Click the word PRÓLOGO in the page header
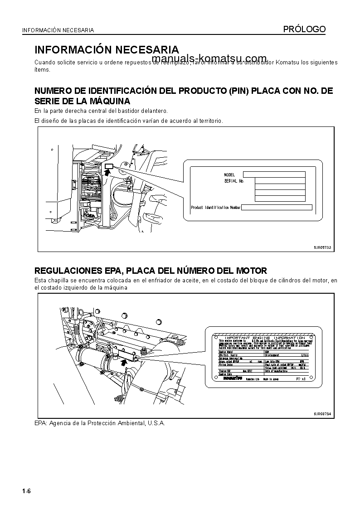point(304,29)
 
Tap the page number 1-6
point(26,492)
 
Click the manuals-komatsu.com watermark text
point(209,58)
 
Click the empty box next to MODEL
point(274,175)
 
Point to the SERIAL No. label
point(234,181)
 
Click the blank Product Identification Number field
point(277,208)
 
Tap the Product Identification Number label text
point(215,208)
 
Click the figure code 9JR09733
point(322,247)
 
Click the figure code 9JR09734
point(322,414)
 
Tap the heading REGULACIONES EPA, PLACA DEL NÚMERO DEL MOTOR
point(151,271)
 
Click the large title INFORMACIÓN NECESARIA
point(107,49)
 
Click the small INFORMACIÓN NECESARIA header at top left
point(58,30)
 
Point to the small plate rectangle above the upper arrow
point(108,166)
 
